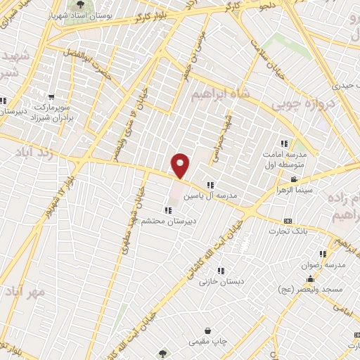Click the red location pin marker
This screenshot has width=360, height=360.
pos(181,166)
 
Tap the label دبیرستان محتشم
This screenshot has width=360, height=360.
pos(165,220)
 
